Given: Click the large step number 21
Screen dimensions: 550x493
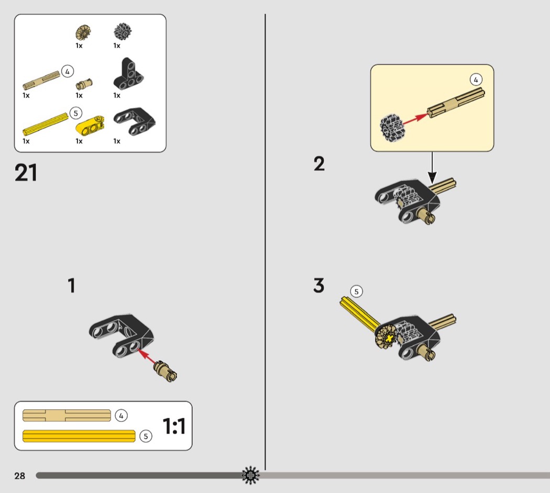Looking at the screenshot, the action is coord(26,173).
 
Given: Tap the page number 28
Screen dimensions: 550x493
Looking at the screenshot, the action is coord(20,476).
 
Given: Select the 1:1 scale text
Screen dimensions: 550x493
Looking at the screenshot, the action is coord(174,427).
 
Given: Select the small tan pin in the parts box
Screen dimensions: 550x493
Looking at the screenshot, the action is coord(84,84).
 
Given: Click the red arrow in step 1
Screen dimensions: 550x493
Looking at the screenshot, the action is coord(148,359).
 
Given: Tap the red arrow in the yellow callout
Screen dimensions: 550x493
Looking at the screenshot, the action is coord(413,119).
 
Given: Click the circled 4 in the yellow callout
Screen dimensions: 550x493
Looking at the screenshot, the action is coord(476,80).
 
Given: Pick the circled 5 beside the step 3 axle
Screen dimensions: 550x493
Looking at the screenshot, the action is coord(357,292).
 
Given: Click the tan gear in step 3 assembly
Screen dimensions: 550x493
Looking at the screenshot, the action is coord(386,337).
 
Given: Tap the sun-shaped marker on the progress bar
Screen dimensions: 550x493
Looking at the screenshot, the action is coord(250,475).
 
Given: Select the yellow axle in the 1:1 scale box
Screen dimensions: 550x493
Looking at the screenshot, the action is coord(79,435).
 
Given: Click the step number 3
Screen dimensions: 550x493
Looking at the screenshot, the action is coord(319,286).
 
